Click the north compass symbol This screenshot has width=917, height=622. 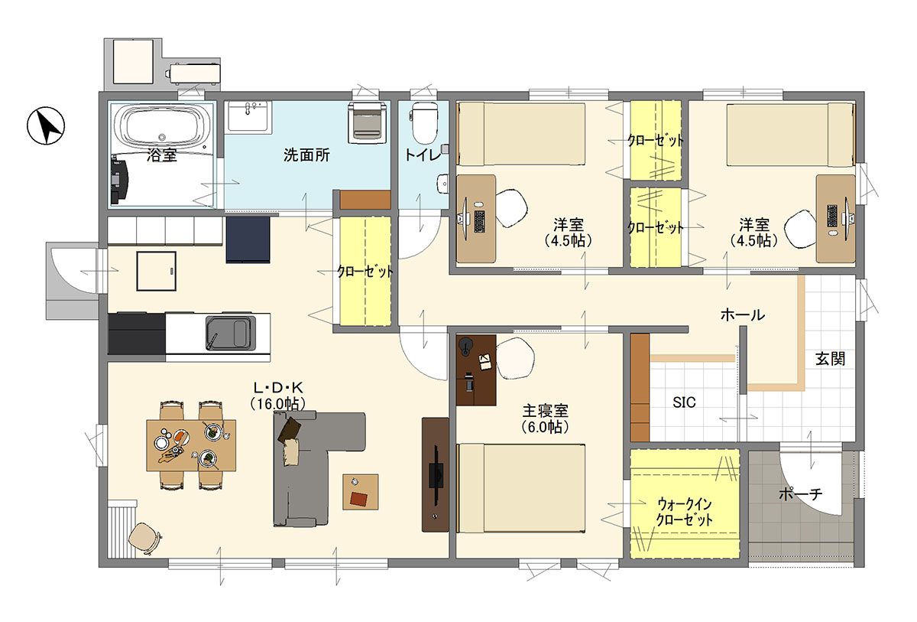pyautogui.click(x=47, y=126)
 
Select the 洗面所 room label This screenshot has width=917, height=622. pyautogui.click(x=306, y=155)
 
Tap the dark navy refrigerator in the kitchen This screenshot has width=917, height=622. pyautogui.click(x=248, y=240)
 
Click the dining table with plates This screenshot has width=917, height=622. pyautogui.click(x=191, y=445)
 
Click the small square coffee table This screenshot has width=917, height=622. pyautogui.click(x=361, y=492)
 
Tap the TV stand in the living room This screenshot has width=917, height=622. pyautogui.click(x=435, y=474)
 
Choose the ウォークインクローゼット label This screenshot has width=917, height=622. pyautogui.click(x=685, y=511)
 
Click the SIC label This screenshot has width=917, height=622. pyautogui.click(x=684, y=402)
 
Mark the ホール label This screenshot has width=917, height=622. pyautogui.click(x=742, y=314)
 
